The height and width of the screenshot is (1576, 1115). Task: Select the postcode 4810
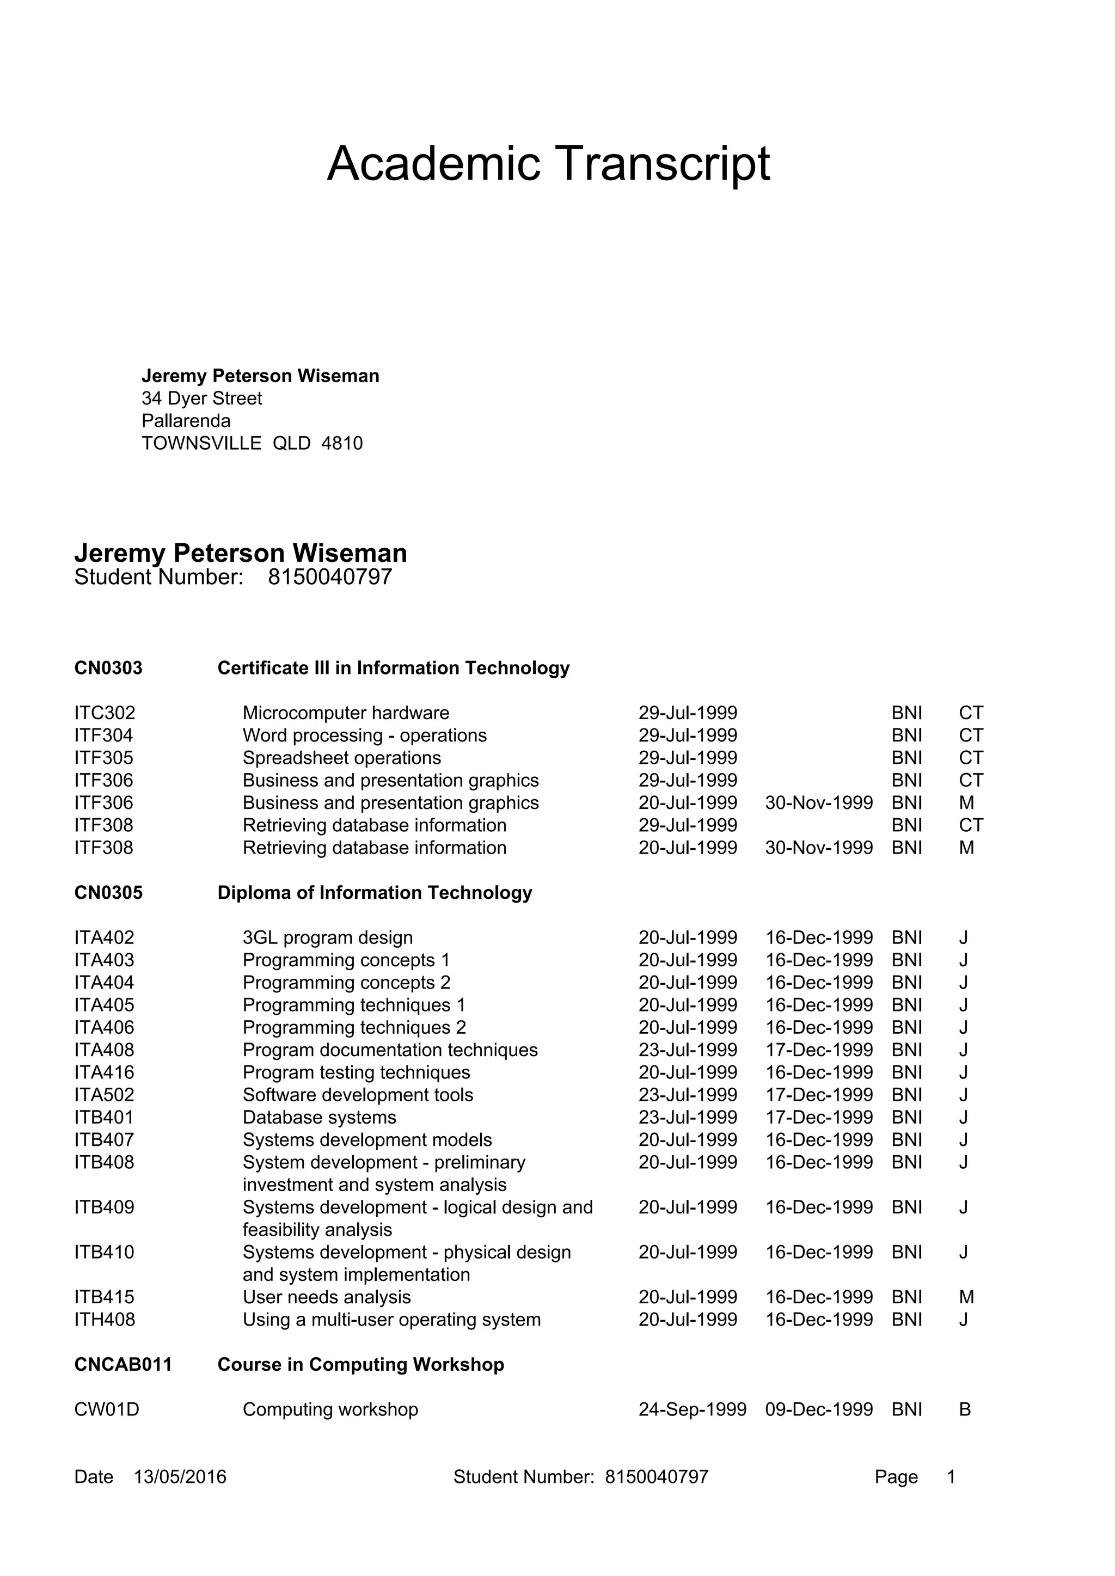coord(341,444)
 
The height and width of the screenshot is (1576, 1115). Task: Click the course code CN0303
coord(108,668)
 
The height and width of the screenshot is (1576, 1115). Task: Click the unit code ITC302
coord(105,713)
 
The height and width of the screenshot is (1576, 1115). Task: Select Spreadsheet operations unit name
coord(341,758)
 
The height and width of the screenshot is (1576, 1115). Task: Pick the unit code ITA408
coord(105,1050)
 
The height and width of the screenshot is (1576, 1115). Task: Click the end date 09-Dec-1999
coord(818,1409)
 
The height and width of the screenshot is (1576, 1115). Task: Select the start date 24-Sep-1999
coord(692,1409)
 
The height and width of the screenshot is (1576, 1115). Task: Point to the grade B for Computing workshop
coord(964,1409)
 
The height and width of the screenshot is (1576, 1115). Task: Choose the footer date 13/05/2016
coord(180,1476)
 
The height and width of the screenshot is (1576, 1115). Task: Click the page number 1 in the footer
coord(951,1476)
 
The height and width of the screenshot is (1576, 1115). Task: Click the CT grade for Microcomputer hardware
coord(971,713)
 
